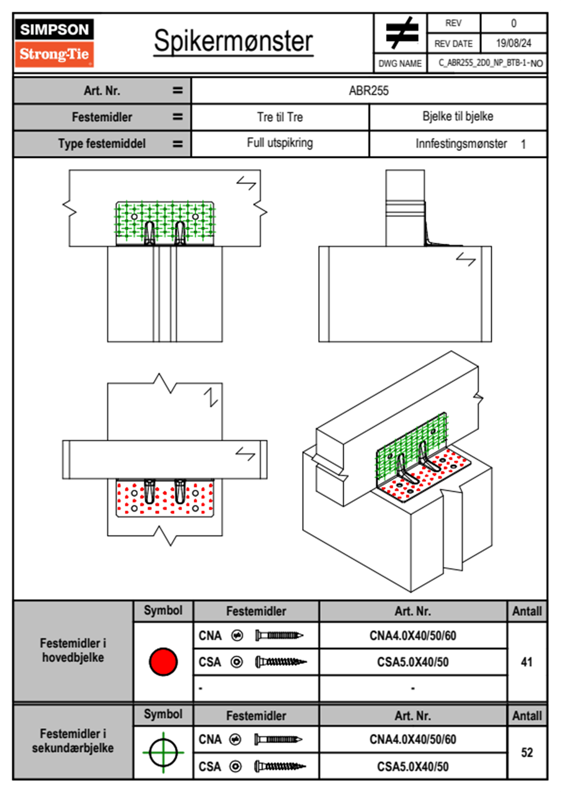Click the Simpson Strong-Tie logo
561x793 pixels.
tap(54, 42)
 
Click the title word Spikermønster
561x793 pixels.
tap(233, 41)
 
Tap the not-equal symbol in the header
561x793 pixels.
tap(401, 33)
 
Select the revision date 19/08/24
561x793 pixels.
tap(513, 43)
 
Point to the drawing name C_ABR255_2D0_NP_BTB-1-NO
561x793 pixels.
tap(490, 63)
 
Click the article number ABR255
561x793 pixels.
tap(369, 91)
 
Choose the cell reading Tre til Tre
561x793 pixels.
tap(280, 117)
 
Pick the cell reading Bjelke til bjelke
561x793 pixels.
tap(458, 116)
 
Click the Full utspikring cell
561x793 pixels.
tap(280, 143)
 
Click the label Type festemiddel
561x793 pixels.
tap(102, 143)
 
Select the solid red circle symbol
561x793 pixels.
tap(163, 661)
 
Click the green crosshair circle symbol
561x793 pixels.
tap(163, 752)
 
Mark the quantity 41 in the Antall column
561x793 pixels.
tap(527, 662)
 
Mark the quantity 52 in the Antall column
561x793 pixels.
tap(527, 752)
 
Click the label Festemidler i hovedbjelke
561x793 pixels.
tap(73, 650)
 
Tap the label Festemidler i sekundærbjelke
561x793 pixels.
tap(73, 741)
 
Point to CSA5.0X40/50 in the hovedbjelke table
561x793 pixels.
tap(412, 662)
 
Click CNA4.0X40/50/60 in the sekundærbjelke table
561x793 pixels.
tap(412, 739)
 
